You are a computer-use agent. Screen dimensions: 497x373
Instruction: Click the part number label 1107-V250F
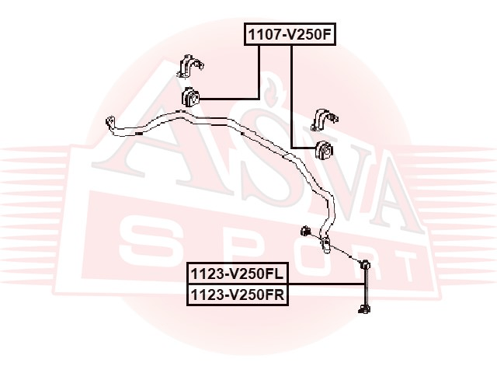tap(290, 34)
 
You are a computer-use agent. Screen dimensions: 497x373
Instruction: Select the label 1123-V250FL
tap(238, 274)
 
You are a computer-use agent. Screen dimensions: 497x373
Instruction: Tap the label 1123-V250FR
tap(238, 295)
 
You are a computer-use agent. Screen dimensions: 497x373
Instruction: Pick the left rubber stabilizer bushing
tap(191, 96)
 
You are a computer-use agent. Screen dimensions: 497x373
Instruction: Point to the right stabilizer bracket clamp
tap(325, 119)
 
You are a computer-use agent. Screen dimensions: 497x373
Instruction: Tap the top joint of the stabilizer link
tap(364, 263)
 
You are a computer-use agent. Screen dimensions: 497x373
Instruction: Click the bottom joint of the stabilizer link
tap(364, 309)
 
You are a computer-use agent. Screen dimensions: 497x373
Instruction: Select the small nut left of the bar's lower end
tap(304, 230)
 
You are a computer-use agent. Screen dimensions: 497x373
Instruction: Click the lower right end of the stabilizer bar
tap(325, 245)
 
